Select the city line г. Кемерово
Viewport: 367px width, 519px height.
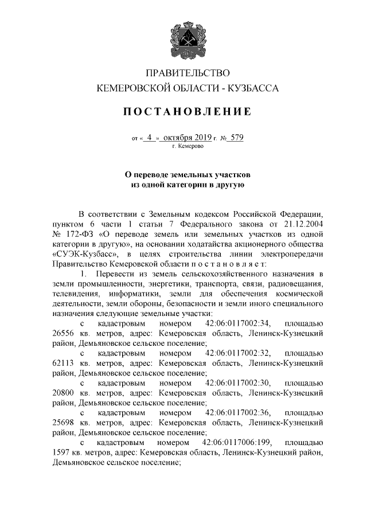click(187, 147)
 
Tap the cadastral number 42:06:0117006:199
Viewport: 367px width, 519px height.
click(237, 443)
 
